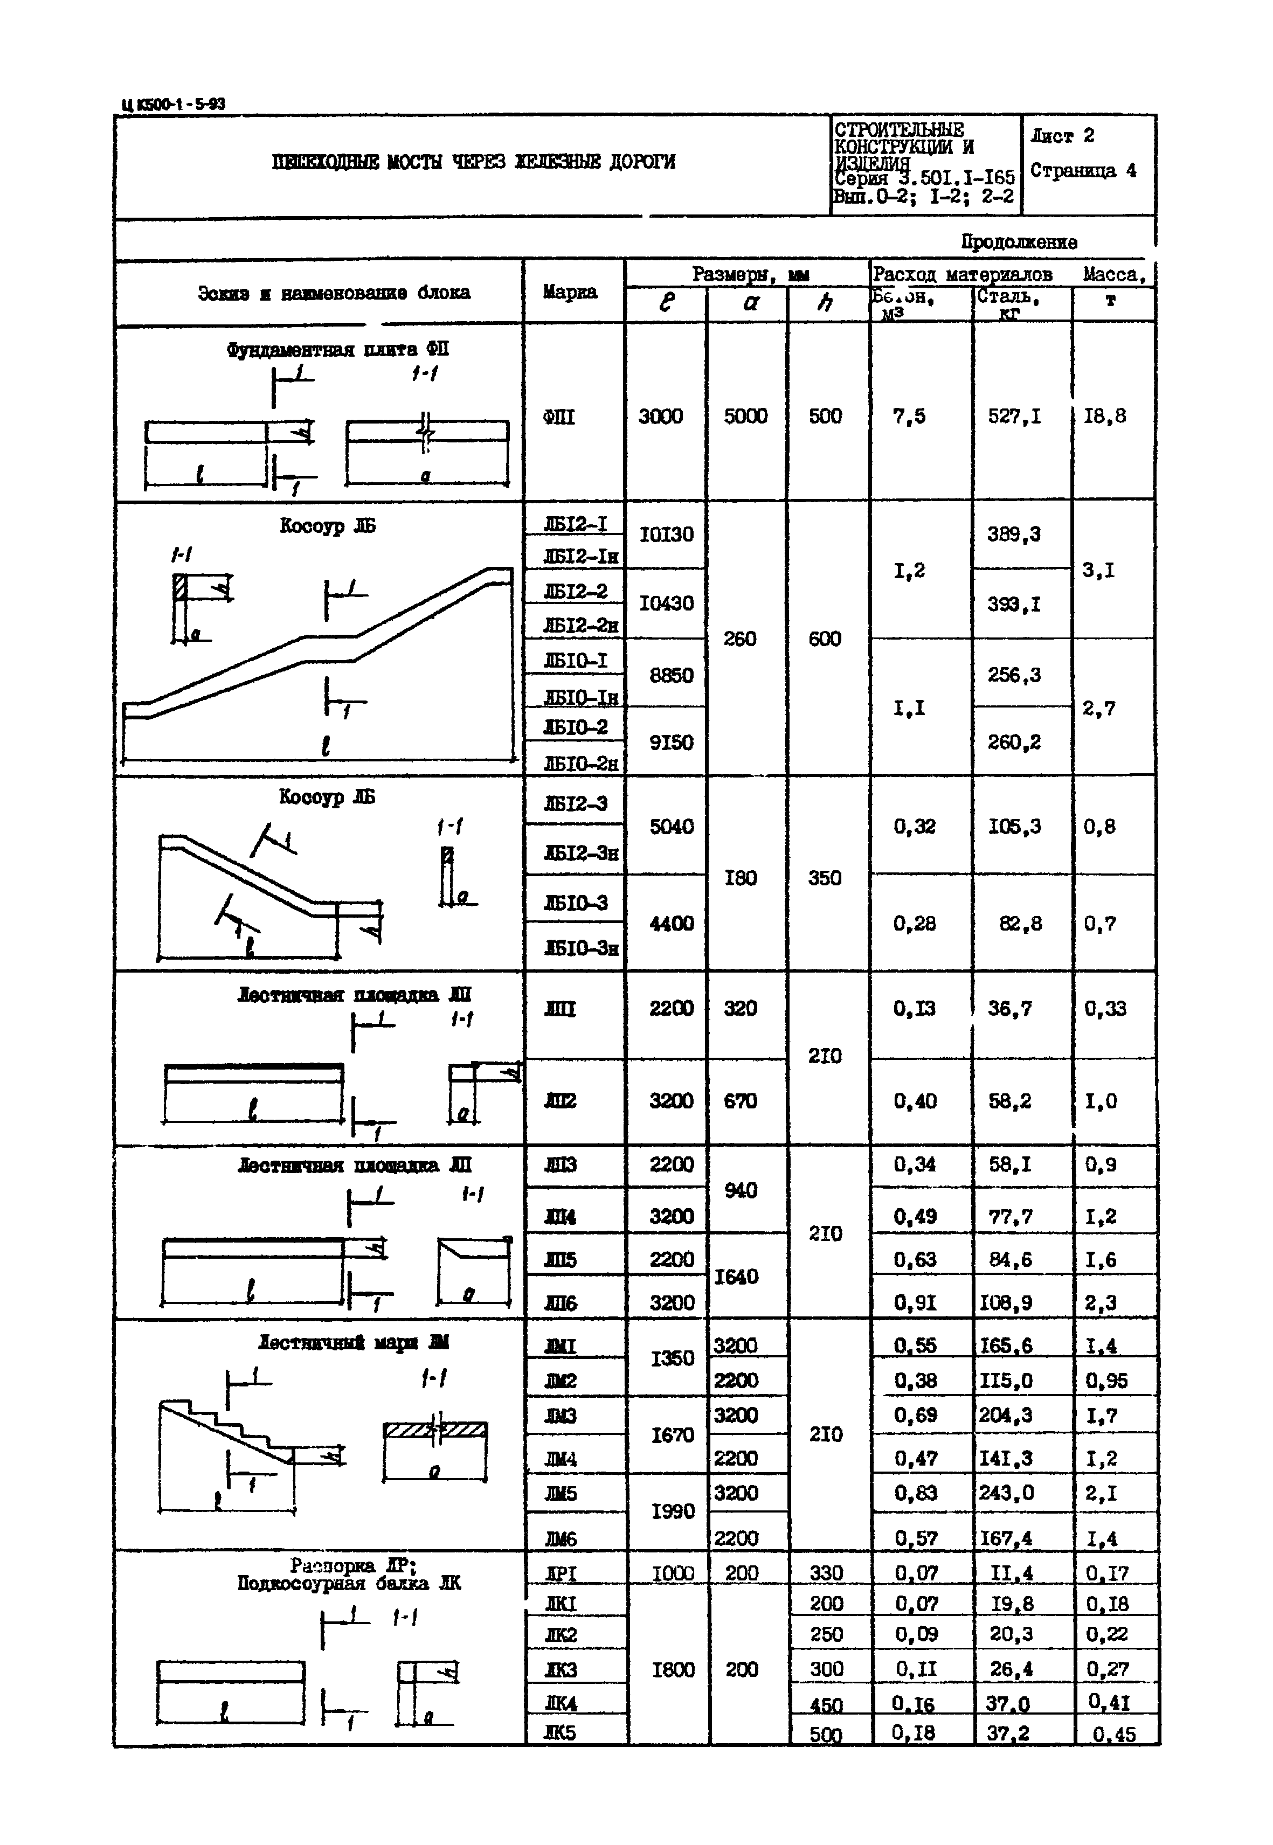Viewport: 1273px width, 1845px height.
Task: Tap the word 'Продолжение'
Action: pyautogui.click(x=1019, y=241)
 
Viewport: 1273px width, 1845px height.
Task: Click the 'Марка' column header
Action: pyautogui.click(x=570, y=292)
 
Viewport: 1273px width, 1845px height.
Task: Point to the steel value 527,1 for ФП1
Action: pyautogui.click(x=1014, y=416)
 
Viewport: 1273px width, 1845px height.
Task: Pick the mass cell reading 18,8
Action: pyautogui.click(x=1105, y=416)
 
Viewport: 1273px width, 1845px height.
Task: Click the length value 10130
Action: pyautogui.click(x=667, y=534)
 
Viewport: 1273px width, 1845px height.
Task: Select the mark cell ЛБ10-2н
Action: pyautogui.click(x=580, y=764)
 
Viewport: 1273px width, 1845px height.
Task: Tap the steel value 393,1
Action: pyautogui.click(x=1014, y=605)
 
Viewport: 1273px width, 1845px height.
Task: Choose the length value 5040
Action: pyautogui.click(x=672, y=827)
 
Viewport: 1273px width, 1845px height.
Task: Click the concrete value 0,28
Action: pyautogui.click(x=914, y=923)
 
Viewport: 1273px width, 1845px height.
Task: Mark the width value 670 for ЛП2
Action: pyautogui.click(x=740, y=1101)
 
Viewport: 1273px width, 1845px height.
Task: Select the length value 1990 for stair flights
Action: pyautogui.click(x=673, y=1511)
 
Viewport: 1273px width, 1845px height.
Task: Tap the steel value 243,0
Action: pyautogui.click(x=1007, y=1493)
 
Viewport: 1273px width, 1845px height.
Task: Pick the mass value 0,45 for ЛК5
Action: pyautogui.click(x=1113, y=1735)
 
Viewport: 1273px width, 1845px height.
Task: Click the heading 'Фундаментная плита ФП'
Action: pyautogui.click(x=337, y=349)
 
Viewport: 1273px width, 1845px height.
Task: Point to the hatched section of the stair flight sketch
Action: pyautogui.click(x=435, y=1430)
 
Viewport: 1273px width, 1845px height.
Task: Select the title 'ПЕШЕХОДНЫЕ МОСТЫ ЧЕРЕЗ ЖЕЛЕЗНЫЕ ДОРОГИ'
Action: pyautogui.click(x=473, y=162)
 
